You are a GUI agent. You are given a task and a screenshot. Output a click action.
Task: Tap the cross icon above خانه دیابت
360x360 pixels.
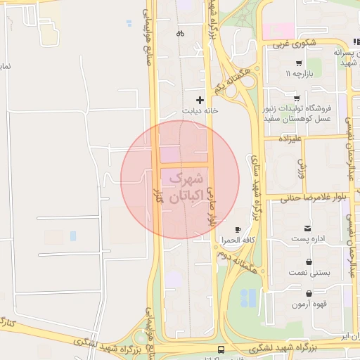[x=200, y=100]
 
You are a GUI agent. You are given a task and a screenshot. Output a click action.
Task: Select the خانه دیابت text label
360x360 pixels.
[x=196, y=111]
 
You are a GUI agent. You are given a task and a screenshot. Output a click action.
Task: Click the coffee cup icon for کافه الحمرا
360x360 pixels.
[x=238, y=230]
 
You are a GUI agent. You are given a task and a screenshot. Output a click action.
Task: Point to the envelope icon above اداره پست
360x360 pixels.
[x=307, y=229]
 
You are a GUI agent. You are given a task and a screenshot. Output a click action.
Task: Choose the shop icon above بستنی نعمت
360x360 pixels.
[x=309, y=262]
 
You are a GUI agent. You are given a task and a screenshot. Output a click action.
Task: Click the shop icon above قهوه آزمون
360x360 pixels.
[x=309, y=294]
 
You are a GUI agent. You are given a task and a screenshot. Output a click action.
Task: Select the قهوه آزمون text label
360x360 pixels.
[x=310, y=305]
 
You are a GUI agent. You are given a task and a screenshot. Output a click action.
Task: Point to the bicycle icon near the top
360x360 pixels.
[x=180, y=32]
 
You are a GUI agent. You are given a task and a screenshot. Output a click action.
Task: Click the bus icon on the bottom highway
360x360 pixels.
[x=221, y=349]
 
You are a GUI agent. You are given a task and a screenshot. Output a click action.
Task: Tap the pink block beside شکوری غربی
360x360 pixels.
[x=279, y=31]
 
